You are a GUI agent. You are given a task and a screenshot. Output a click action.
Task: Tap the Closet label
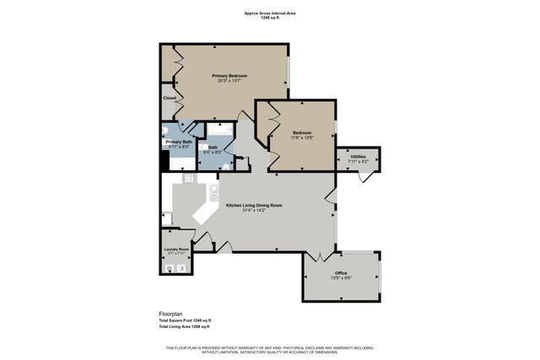(170, 98)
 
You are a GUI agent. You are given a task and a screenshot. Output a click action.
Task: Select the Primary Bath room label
(179, 142)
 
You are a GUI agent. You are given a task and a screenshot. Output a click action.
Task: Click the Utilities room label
(358, 157)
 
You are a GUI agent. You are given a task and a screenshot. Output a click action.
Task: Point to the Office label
(341, 272)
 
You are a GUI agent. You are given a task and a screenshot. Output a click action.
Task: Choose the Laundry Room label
(176, 250)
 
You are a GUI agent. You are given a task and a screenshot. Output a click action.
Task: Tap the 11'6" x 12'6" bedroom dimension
(302, 139)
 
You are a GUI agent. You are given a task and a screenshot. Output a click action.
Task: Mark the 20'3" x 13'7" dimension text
(232, 81)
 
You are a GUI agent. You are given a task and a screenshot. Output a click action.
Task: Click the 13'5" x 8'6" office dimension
(341, 277)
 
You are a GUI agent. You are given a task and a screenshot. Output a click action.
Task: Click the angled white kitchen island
(206, 212)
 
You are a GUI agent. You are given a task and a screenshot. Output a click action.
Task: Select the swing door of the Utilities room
(363, 176)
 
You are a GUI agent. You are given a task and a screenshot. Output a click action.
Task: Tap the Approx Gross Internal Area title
(269, 13)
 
